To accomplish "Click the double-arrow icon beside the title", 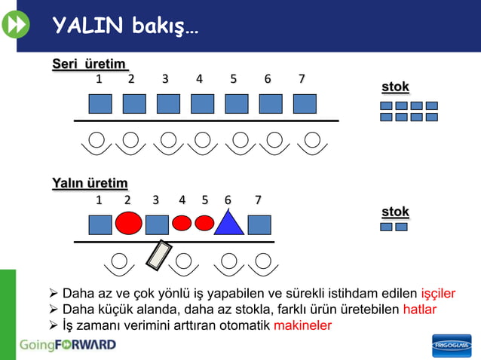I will coord(15,26).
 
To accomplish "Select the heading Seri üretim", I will coord(89,64).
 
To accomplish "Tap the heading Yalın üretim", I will coord(89,183).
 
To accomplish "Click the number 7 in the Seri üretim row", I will coord(302,78).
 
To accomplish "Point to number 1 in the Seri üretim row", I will coord(98,78).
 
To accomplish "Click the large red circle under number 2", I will coord(129,223).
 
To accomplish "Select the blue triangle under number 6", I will coord(228,222).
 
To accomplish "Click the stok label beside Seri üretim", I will coord(395,87).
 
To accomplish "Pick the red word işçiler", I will coord(438,294).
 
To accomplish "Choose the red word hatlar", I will coord(419,310).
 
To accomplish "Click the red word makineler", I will coord(302,325).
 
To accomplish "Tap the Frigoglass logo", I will coord(452,345).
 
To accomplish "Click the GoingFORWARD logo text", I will coord(68,345).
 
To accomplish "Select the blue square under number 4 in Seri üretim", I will coord(202,104).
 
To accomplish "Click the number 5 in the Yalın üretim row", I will coord(205,200).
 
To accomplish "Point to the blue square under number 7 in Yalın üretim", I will coord(259,224).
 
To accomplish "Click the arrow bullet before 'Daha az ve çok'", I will coord(54,294).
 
